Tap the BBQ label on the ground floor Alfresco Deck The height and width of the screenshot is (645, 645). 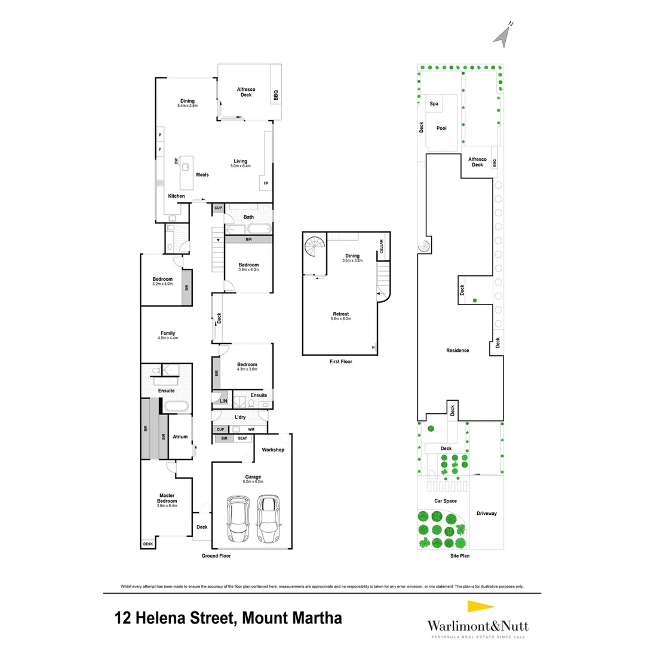point(276,94)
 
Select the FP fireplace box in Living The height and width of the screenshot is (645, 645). point(265,183)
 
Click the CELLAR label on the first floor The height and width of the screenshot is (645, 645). point(380,247)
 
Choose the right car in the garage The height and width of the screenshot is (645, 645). point(269,518)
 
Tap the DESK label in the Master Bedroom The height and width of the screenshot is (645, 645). point(148,544)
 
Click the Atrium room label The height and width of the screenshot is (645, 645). point(180,437)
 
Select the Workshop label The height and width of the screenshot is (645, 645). point(273,450)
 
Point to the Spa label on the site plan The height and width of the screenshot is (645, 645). point(434,104)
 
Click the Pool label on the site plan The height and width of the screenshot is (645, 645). point(441,128)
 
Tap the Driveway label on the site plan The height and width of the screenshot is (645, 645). point(487,514)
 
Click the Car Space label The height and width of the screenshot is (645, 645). point(446,501)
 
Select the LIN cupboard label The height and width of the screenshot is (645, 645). point(223,401)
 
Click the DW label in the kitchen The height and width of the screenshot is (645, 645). point(176,161)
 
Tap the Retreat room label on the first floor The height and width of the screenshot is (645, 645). point(341,314)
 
